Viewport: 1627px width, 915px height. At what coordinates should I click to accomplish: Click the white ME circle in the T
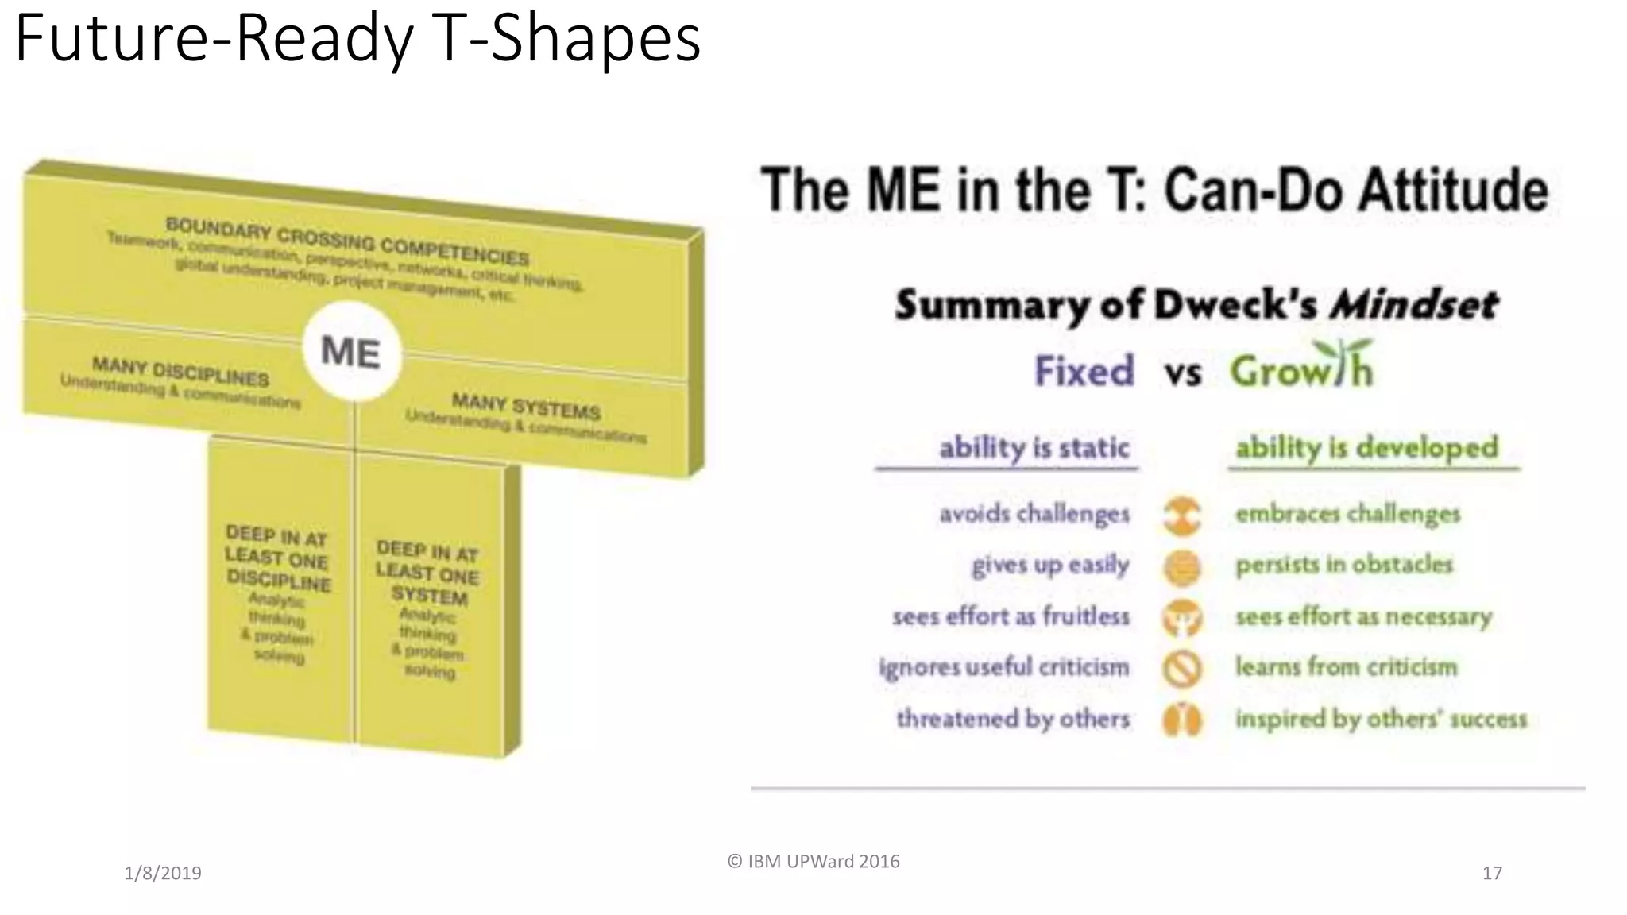pos(352,351)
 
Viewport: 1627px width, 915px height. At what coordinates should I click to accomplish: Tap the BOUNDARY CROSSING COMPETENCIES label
pos(347,241)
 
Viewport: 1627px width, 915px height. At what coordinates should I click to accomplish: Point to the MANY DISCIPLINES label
pos(180,371)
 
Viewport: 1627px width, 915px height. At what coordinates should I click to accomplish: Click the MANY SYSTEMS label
pos(526,407)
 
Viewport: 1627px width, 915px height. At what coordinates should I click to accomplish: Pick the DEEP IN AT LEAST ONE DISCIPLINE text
pos(276,558)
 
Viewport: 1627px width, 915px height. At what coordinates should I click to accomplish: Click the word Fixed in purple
pos(1084,371)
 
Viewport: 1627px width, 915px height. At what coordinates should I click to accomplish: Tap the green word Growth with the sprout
pos(1301,369)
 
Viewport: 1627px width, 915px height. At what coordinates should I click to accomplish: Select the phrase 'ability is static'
pos(1034,448)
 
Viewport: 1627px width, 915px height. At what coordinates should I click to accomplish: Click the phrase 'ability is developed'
pos(1366,448)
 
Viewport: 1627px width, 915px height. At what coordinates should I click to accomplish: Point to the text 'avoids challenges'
pos(1034,514)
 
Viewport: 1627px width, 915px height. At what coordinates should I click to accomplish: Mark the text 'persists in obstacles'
pos(1344,565)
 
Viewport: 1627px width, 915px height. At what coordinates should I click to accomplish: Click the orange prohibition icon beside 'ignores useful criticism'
pos(1182,668)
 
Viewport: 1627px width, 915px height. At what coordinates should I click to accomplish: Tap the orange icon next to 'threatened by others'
pos(1182,720)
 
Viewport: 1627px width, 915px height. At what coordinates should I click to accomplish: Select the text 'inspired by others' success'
pos(1381,720)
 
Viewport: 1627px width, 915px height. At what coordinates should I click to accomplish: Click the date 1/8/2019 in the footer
pos(163,874)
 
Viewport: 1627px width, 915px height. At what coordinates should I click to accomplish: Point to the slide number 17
pos(1492,874)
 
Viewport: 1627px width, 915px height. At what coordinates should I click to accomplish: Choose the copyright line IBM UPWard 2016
pos(813,862)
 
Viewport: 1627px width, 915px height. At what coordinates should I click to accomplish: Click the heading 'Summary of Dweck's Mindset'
pos(1196,305)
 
